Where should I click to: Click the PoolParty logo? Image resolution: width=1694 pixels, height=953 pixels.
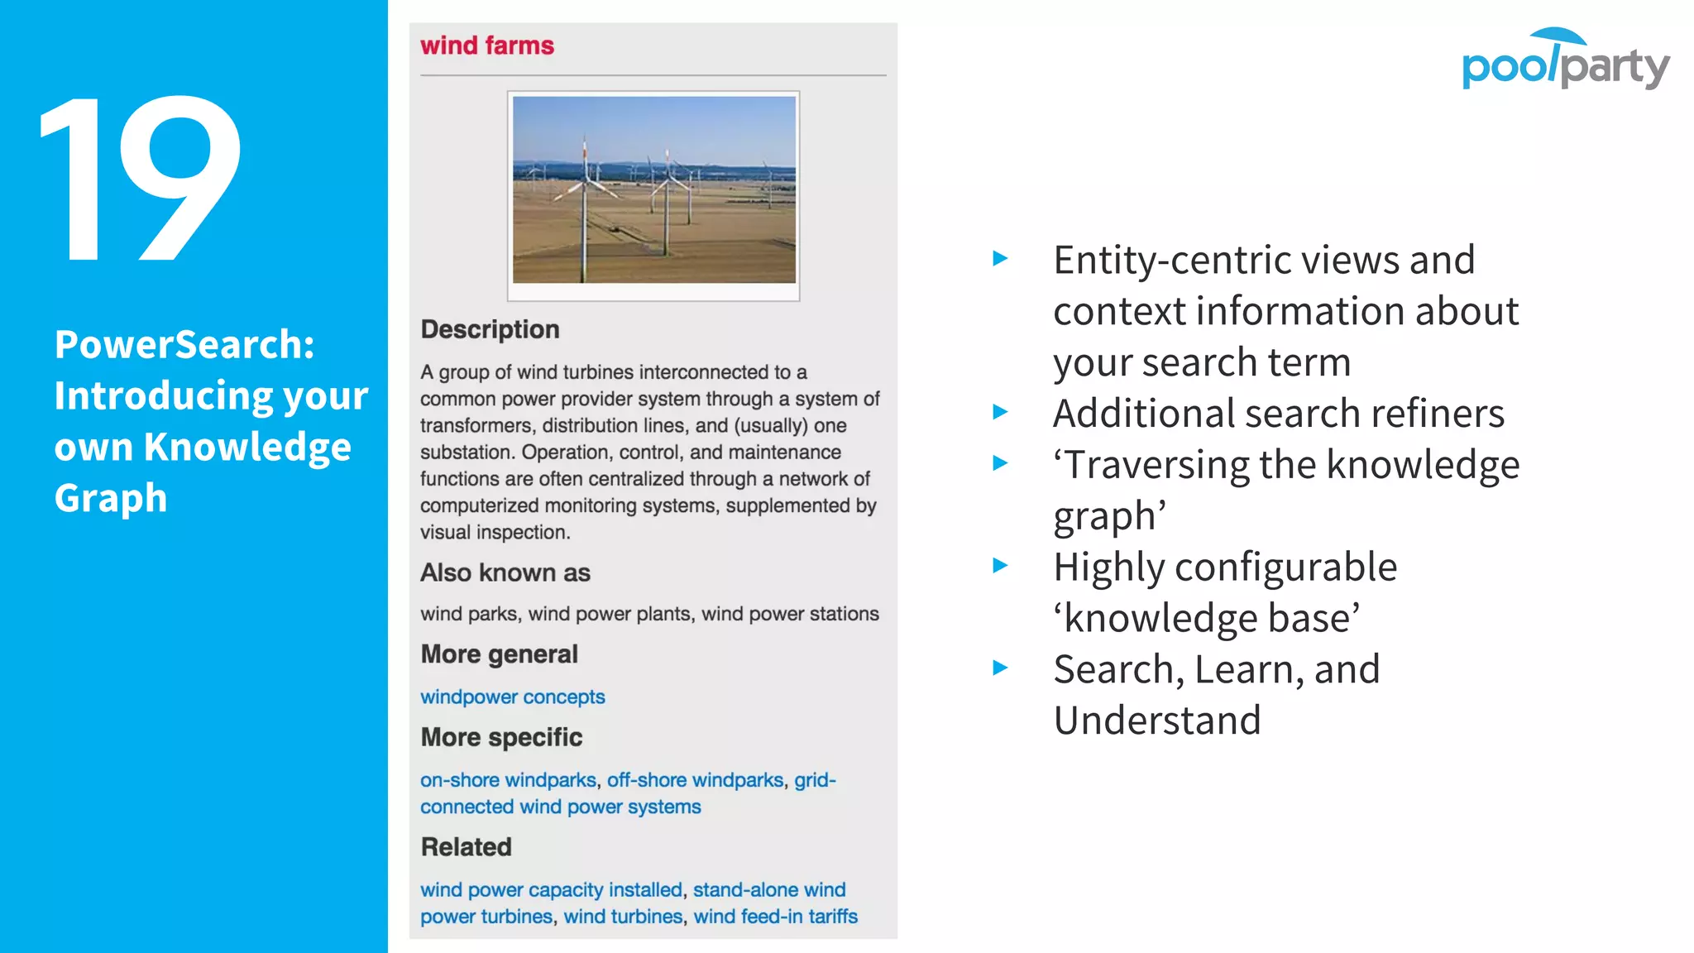coord(1565,60)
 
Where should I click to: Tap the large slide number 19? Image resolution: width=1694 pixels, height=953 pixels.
coord(141,179)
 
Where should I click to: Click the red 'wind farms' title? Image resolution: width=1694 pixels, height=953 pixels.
coord(487,45)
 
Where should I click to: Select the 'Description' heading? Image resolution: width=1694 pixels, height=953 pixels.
coord(490,329)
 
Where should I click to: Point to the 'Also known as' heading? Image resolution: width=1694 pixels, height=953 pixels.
coord(505,572)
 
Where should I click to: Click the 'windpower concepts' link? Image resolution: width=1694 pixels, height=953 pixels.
coord(512,697)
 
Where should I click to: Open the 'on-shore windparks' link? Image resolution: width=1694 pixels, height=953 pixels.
coord(508,780)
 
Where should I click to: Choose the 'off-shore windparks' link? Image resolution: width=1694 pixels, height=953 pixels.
coord(695,780)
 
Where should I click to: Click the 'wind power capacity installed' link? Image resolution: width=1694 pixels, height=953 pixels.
coord(551,889)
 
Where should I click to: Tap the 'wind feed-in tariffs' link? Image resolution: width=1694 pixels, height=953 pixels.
coord(775,917)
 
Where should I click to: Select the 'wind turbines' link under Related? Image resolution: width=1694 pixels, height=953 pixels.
coord(623,917)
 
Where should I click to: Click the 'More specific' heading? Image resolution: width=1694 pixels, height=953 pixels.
coord(501,737)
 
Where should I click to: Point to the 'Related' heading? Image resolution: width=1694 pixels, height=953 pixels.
coord(466,847)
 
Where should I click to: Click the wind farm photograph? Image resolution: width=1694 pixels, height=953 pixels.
coord(653,190)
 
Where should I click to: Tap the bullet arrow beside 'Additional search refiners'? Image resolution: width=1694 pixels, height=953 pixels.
coord(1000,412)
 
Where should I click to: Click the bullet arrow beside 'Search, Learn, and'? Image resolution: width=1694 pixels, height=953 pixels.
coord(1000,668)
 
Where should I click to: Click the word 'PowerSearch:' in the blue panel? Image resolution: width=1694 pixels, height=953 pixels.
coord(184,344)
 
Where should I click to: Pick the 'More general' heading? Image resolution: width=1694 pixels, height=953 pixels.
coord(499,654)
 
